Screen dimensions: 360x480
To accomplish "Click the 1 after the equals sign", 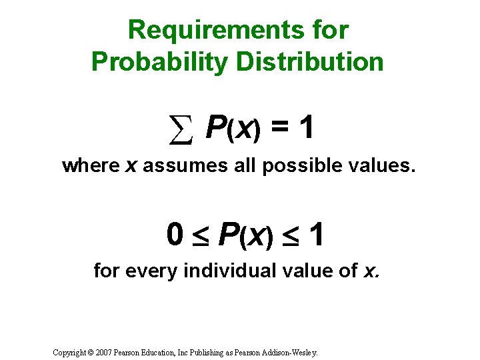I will pos(306,128).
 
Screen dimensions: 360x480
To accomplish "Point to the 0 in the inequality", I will pos(175,235).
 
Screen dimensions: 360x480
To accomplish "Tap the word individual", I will pos(216,270).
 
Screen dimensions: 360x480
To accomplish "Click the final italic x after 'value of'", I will pos(370,271).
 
